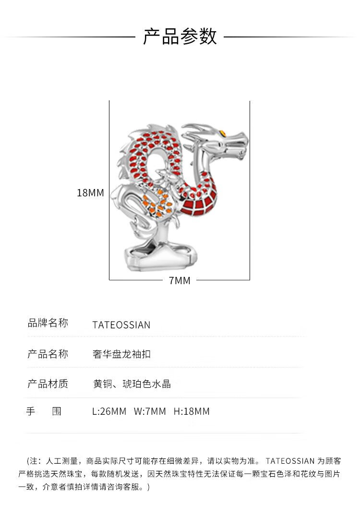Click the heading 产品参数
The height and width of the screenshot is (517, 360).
[x=180, y=37]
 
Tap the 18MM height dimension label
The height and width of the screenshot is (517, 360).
[x=90, y=193]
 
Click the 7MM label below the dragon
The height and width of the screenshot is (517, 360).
[x=180, y=280]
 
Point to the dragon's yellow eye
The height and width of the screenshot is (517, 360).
[x=223, y=133]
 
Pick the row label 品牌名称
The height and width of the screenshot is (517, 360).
[x=48, y=323]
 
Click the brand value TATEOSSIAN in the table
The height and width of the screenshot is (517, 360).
[x=121, y=325]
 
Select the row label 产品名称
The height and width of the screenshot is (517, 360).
[x=48, y=354]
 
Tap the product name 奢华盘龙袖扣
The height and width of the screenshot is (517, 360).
[x=121, y=355]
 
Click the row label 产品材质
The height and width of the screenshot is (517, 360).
[x=48, y=384]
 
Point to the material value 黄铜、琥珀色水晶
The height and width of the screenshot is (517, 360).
[x=132, y=384]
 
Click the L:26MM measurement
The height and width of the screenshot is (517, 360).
[x=109, y=411]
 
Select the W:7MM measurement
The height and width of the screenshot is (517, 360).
[x=150, y=411]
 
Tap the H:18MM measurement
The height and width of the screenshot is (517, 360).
[x=192, y=411]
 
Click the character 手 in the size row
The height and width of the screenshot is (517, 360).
[x=30, y=411]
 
